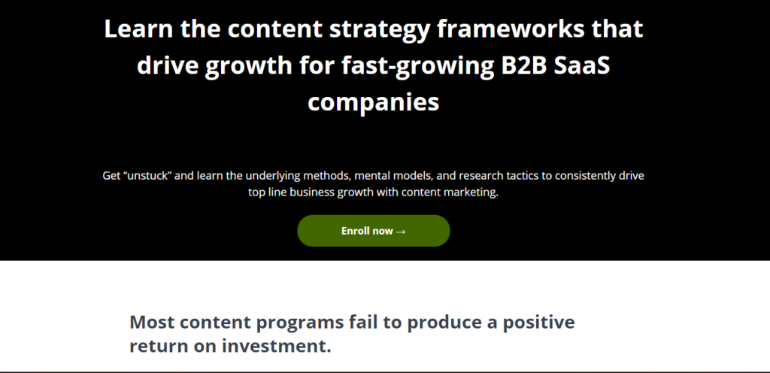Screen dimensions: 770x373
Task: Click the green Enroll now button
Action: tap(373, 231)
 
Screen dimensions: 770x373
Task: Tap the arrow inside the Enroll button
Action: tap(401, 231)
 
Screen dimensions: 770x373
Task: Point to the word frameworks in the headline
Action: tap(511, 29)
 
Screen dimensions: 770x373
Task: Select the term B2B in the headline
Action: tap(523, 65)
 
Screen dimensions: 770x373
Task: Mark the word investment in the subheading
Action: tap(277, 345)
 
